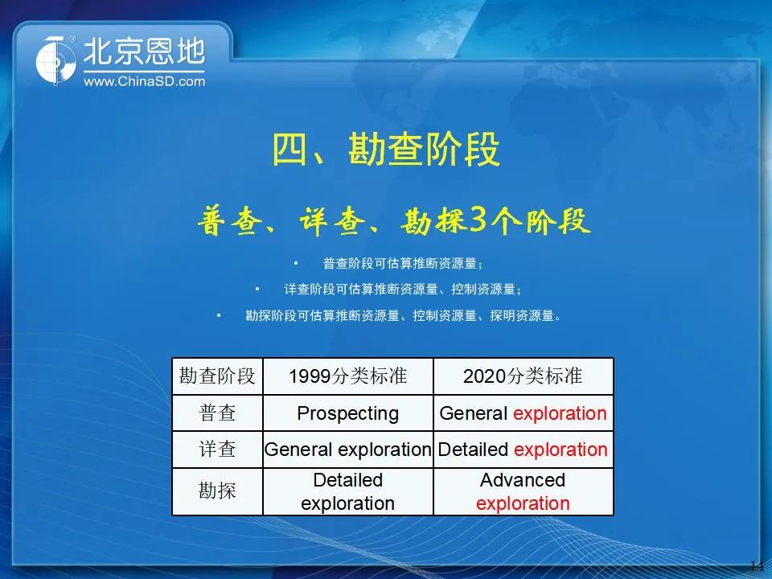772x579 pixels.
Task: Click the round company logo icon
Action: [x=56, y=61]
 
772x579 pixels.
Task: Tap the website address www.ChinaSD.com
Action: [x=144, y=81]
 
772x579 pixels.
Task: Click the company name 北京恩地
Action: [x=144, y=51]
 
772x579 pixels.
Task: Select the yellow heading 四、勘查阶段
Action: [x=386, y=150]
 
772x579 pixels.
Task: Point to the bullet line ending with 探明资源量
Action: [x=403, y=315]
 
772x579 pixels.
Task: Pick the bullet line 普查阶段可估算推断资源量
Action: [x=403, y=264]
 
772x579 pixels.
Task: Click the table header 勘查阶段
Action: [x=217, y=376]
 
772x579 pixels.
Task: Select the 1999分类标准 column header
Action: [x=348, y=376]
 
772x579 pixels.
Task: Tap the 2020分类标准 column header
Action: [x=523, y=376]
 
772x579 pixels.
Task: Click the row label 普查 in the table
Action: [x=217, y=413]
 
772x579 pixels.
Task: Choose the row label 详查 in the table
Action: [x=217, y=449]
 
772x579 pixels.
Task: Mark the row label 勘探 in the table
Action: [x=217, y=491]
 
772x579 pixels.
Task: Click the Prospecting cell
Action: [x=348, y=413]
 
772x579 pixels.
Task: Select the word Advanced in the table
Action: [x=523, y=480]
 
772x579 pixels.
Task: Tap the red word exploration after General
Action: [x=560, y=413]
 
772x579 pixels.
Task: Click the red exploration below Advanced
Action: [x=523, y=503]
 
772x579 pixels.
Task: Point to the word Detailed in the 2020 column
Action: [x=473, y=449]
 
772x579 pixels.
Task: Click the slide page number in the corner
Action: [x=758, y=565]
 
